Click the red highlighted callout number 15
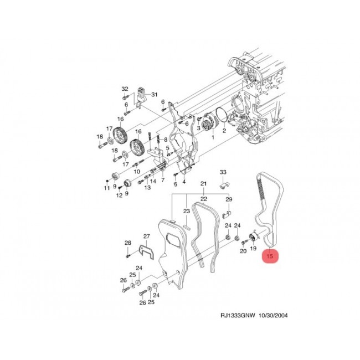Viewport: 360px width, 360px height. [x=270, y=256]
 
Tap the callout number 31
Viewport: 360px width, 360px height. [x=155, y=95]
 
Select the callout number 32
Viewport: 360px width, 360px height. [x=125, y=89]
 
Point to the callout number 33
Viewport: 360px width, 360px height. [x=223, y=172]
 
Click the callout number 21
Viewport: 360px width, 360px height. [x=204, y=184]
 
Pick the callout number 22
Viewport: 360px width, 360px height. [x=204, y=199]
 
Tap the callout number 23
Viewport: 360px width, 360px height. [x=187, y=211]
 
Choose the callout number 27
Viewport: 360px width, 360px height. [x=146, y=236]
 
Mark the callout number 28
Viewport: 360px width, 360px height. [x=128, y=243]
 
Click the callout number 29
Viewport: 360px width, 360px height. [x=229, y=199]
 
